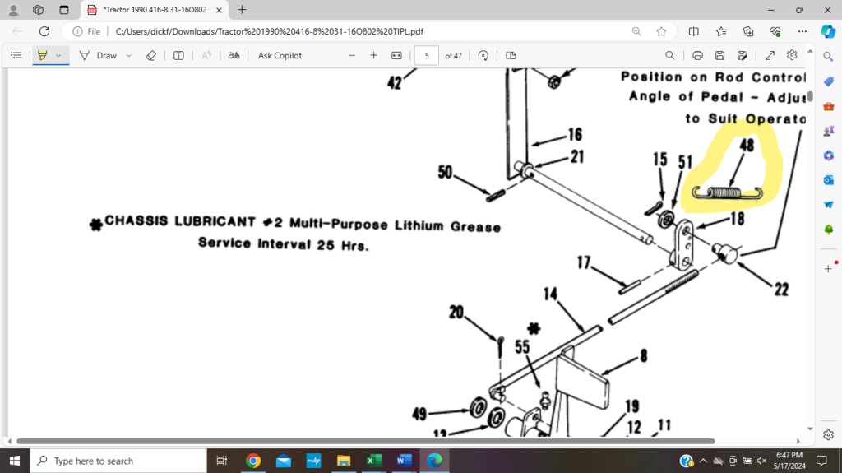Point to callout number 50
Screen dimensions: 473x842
[x=446, y=173]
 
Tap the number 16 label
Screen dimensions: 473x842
[x=574, y=133]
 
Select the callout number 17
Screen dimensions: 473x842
[x=585, y=263]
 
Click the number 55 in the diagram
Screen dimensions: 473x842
[x=522, y=348]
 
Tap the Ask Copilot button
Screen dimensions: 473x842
[x=280, y=55]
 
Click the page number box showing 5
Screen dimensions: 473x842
[x=426, y=55]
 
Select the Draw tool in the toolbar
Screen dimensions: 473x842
[x=99, y=55]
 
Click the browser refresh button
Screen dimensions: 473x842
[x=44, y=31]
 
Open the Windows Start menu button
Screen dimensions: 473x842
[x=14, y=461]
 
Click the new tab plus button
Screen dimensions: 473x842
[x=242, y=10]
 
